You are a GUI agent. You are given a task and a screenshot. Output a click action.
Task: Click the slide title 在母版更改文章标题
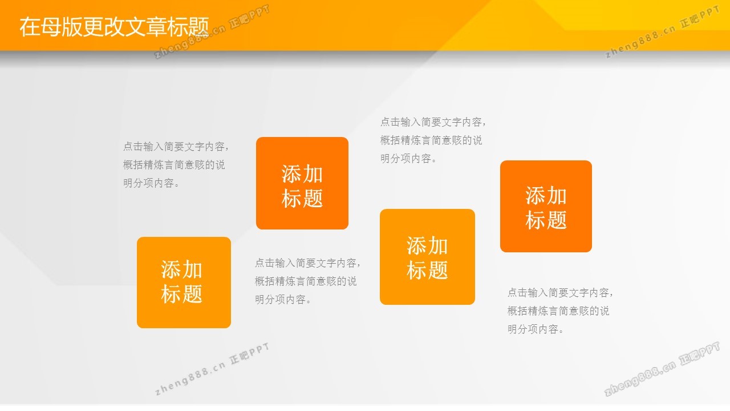114,27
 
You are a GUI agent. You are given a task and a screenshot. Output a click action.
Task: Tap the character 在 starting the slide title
30,27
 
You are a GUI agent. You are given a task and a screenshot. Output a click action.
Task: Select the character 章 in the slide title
156,27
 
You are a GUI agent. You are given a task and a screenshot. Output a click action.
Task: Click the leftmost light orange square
184,283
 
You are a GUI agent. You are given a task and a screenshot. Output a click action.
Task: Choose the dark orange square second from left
302,183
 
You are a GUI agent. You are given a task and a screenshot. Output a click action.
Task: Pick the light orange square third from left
427,257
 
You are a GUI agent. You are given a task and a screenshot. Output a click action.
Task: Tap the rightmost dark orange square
546,206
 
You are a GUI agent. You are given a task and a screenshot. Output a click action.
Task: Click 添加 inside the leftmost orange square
181,270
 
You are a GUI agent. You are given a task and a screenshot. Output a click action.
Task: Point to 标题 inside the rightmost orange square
546,220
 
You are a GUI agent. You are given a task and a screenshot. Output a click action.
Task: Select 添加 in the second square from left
302,174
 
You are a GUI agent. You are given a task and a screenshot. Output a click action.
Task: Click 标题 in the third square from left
427,271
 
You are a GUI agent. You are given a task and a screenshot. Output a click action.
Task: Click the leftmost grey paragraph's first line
176,147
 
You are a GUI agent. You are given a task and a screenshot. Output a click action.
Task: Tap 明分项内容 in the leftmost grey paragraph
148,183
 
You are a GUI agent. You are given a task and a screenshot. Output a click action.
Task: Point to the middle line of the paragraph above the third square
431,140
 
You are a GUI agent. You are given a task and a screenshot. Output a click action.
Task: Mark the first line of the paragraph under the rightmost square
560,293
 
